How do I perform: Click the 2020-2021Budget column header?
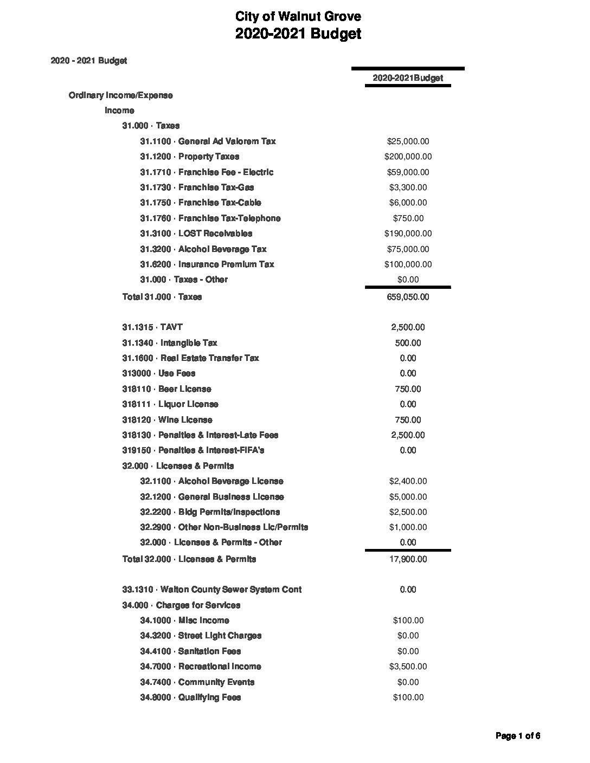tap(408, 78)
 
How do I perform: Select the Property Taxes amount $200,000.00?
tap(408, 157)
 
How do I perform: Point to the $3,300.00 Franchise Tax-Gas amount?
tap(408, 187)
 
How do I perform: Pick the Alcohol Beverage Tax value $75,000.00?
tap(408, 249)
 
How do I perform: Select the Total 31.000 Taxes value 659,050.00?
tap(408, 297)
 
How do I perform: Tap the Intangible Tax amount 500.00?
tap(408, 343)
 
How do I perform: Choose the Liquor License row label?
tap(170, 404)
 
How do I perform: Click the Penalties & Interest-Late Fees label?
tap(200, 435)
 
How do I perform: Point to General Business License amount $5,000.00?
tap(408, 497)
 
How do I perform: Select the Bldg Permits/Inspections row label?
tap(210, 512)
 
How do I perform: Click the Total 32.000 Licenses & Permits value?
tap(408, 559)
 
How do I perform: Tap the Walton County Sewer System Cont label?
tap(212, 590)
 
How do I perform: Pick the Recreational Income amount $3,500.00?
tap(408, 667)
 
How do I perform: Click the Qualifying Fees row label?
tap(190, 697)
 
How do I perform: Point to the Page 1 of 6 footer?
tap(518, 736)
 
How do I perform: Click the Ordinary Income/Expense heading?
tap(120, 95)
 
